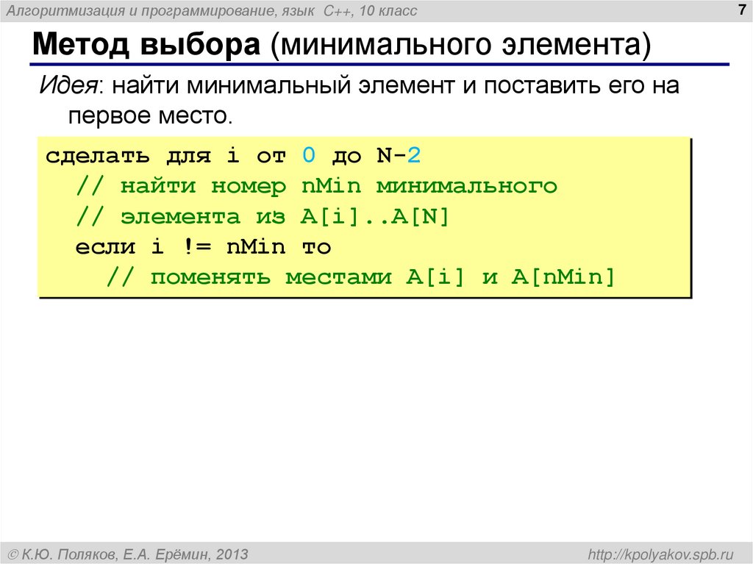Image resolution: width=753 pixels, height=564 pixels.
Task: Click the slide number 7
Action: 740,10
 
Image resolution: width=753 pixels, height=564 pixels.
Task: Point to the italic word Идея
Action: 71,85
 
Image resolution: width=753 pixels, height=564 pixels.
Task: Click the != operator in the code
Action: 196,247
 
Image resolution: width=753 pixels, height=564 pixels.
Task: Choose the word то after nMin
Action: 316,247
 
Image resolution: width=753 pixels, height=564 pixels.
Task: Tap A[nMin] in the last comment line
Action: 563,277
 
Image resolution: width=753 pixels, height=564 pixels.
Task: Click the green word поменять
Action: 210,277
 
